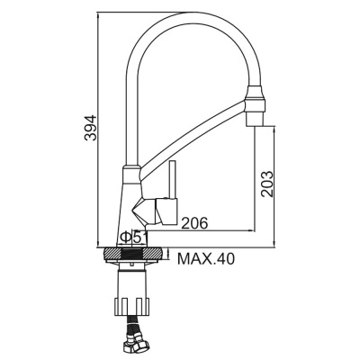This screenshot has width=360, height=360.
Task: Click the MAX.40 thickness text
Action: coord(205,259)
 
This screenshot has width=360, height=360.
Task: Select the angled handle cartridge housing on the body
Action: coord(149,211)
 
